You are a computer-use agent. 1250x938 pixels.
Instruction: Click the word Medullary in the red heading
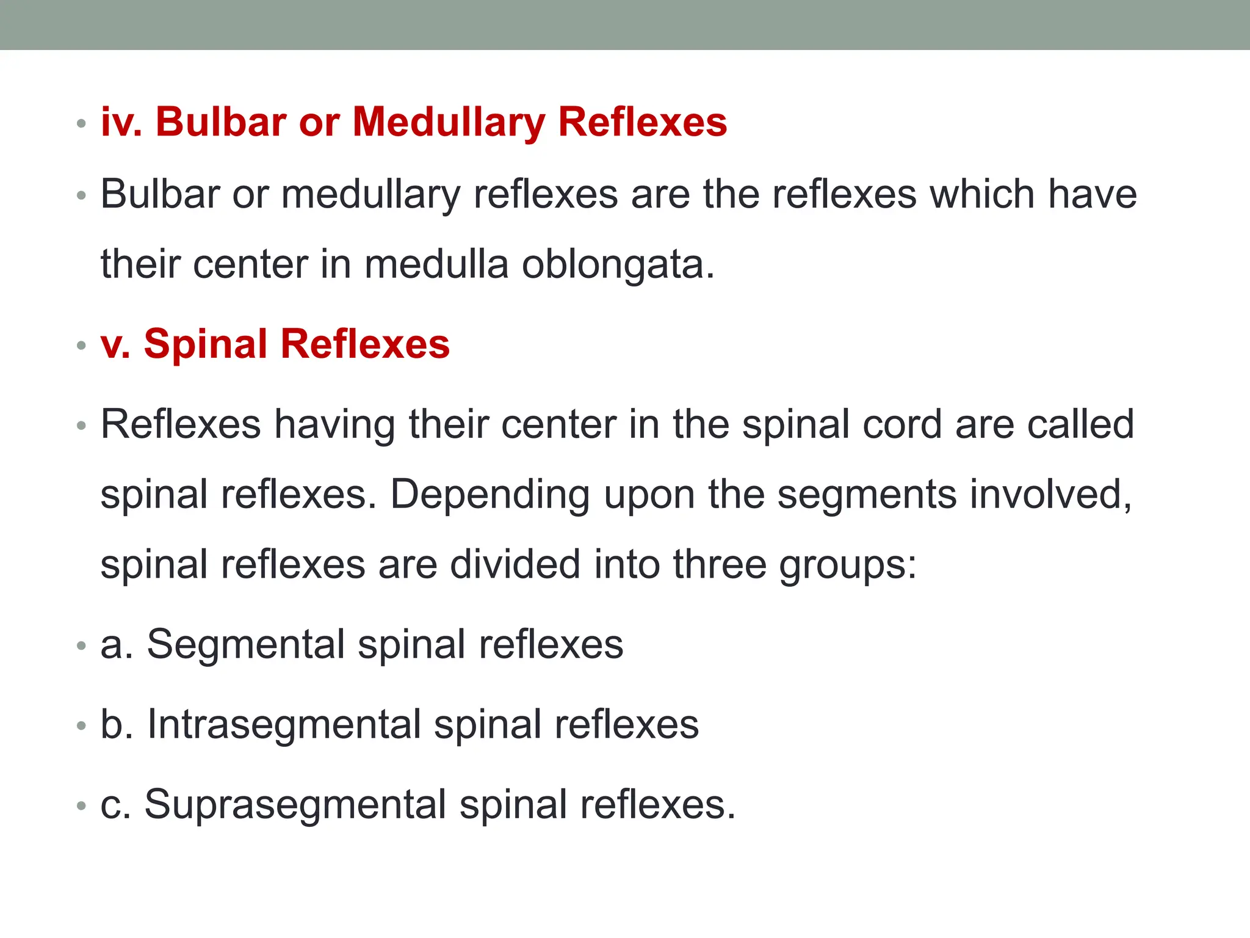coord(449,122)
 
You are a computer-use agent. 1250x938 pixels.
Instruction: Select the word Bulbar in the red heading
coord(221,122)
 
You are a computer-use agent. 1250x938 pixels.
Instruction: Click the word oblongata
coord(618,265)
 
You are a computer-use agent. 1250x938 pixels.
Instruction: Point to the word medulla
coord(436,265)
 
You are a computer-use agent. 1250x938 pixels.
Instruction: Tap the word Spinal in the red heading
coord(205,344)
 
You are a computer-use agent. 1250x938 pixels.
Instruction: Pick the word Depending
coord(490,495)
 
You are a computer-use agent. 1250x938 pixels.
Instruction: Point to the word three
coord(720,564)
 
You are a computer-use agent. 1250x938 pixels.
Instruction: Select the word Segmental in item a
coord(246,645)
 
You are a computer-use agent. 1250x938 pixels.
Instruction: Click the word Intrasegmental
coord(284,725)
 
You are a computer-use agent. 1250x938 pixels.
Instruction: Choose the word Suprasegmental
coord(295,805)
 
